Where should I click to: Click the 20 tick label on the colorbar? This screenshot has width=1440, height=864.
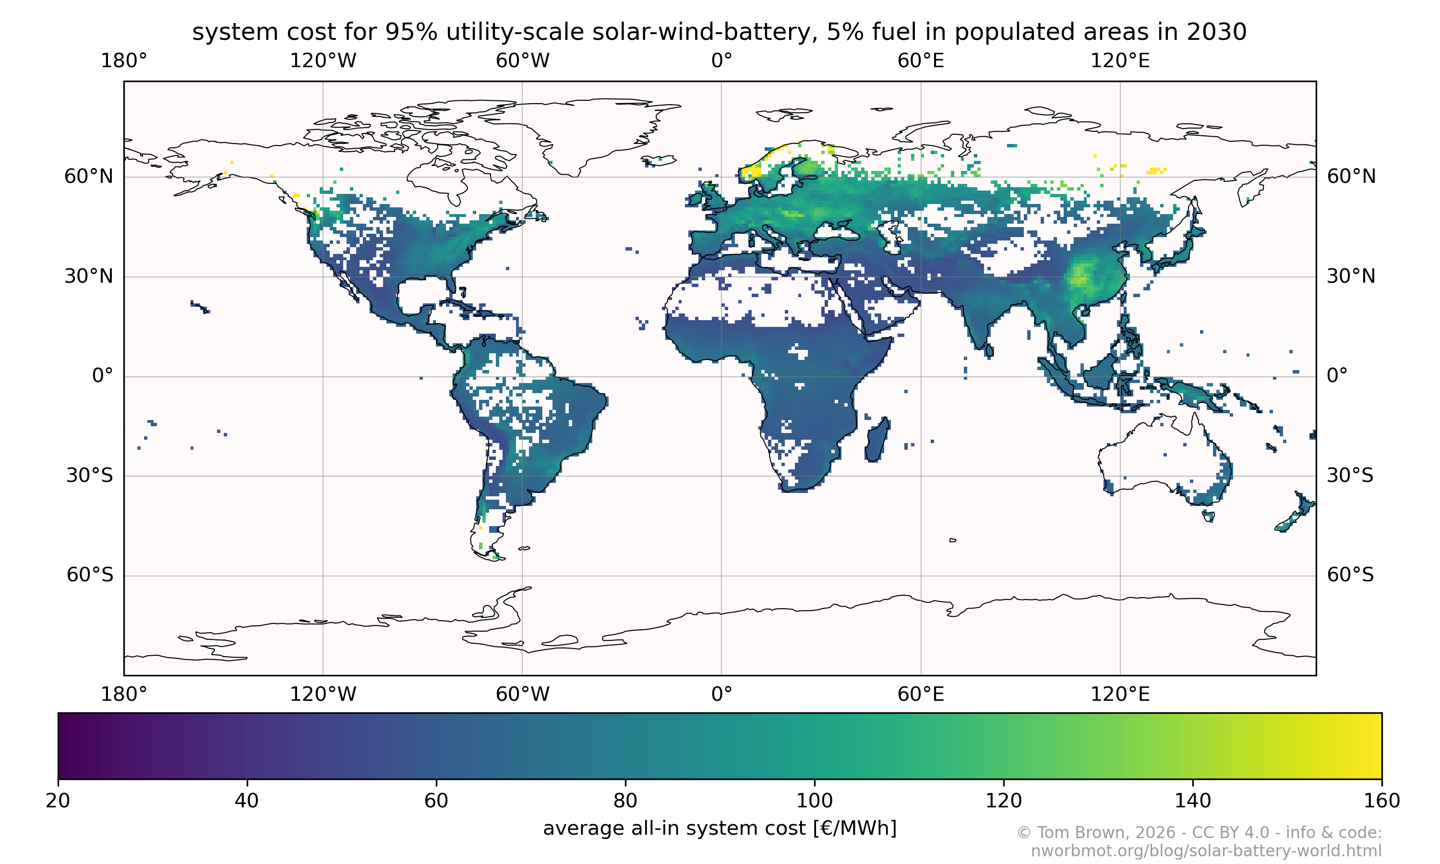(x=58, y=801)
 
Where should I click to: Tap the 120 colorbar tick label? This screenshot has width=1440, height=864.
(x=1004, y=801)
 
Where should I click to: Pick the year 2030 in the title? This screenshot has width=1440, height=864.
(x=1216, y=32)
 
